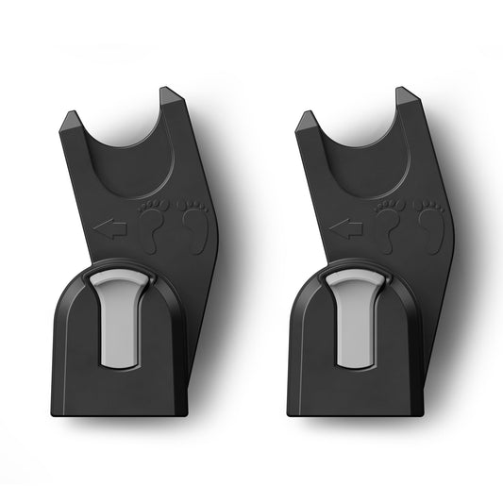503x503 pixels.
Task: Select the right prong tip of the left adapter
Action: [x=169, y=92]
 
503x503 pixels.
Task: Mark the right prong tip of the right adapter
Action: [x=404, y=92]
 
